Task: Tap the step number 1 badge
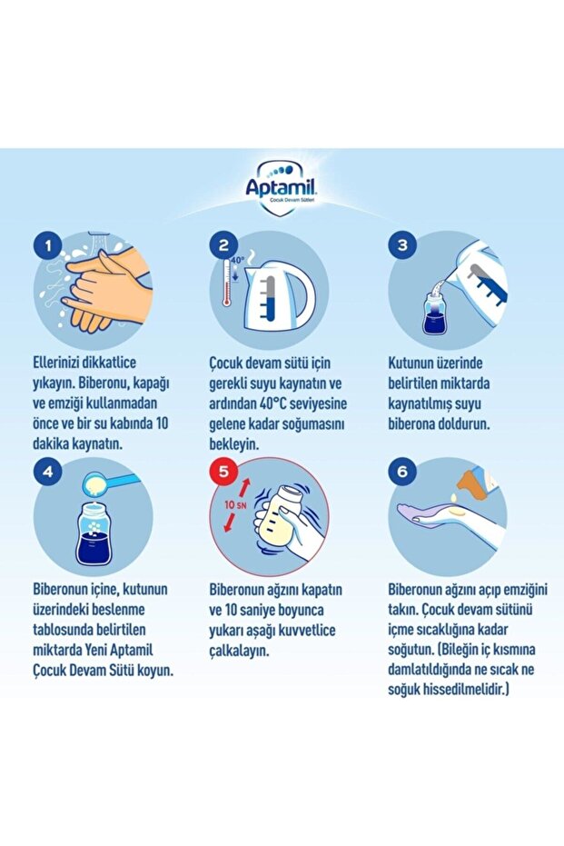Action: pyautogui.click(x=46, y=245)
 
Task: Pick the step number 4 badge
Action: pyautogui.click(x=46, y=472)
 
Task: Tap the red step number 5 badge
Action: pyautogui.click(x=224, y=472)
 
